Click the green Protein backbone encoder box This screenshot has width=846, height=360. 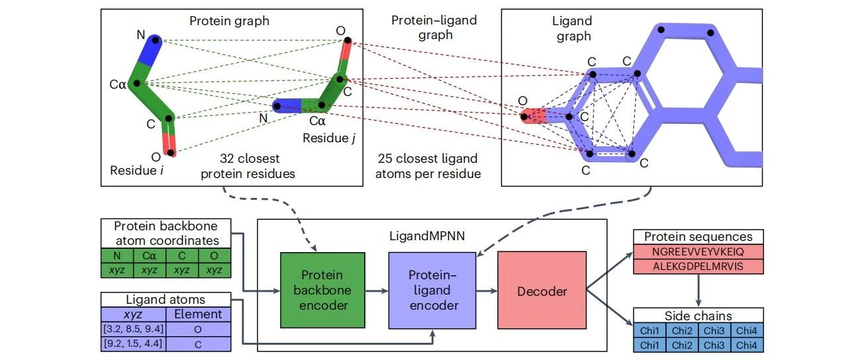[x=322, y=290]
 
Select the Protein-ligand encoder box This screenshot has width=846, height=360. [x=432, y=290]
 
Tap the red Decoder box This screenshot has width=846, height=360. [x=542, y=290]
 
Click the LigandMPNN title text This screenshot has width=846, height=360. [x=427, y=236]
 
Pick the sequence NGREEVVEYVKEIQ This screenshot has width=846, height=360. [x=698, y=252]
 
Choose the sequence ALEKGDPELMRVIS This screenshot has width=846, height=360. [x=698, y=266]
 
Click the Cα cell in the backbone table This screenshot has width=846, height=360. [x=150, y=255]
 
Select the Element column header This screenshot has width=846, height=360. [x=199, y=314]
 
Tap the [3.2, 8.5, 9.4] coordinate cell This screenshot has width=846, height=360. [x=133, y=329]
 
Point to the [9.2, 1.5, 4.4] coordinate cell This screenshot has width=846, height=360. [x=133, y=343]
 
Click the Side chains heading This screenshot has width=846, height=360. [x=698, y=316]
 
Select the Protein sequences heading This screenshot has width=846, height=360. [x=698, y=237]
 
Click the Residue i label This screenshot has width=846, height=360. [x=137, y=170]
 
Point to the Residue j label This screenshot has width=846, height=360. [x=329, y=138]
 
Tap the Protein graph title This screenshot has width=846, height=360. [x=229, y=21]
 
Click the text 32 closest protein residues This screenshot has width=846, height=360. [x=248, y=166]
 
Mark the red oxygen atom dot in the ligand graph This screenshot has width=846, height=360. [x=524, y=116]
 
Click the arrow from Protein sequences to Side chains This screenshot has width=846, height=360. [x=698, y=290]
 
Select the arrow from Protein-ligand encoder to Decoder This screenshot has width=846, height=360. [x=487, y=291]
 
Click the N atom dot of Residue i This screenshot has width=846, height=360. [x=155, y=40]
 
